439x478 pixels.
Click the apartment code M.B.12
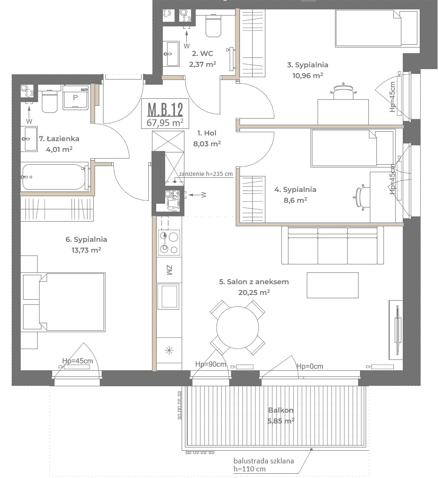click(165, 109)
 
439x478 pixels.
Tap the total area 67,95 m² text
click(165, 122)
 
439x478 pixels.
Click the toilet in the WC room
click(214, 25)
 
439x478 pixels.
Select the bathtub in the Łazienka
click(54, 177)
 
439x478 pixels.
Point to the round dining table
click(238, 327)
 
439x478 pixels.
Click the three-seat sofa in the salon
click(332, 245)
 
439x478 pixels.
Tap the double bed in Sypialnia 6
click(72, 302)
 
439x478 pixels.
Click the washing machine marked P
click(75, 97)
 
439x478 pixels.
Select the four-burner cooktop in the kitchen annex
click(169, 243)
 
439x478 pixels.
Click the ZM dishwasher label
click(169, 270)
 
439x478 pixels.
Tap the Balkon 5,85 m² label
click(281, 415)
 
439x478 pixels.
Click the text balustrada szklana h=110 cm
click(263, 465)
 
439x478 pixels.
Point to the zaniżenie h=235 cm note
click(206, 174)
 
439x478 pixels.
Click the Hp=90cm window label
click(211, 364)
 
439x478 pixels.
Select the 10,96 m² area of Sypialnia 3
click(308, 75)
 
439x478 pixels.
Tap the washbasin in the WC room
click(173, 54)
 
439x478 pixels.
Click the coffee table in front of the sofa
click(332, 285)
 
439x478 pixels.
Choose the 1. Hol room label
click(207, 133)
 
